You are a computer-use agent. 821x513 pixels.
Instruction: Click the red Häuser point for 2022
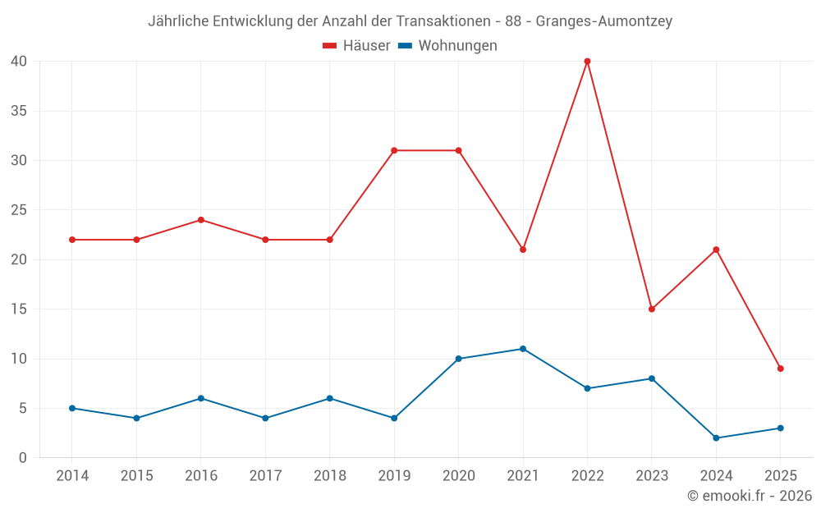tap(587, 61)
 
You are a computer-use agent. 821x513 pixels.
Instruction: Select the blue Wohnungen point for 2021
tap(523, 349)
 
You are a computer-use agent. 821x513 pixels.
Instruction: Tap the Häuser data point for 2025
tap(780, 369)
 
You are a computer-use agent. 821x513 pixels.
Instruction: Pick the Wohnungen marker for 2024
tap(716, 438)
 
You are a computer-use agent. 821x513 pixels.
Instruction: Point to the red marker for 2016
tap(200, 220)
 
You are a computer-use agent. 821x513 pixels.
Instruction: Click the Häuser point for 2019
tap(394, 150)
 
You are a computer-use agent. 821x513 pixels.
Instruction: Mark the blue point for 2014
tap(72, 408)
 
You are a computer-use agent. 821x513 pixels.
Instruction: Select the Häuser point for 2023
tap(652, 309)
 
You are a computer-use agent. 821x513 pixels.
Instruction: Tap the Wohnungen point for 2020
tap(458, 359)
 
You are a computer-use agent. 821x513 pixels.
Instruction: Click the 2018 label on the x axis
tap(329, 476)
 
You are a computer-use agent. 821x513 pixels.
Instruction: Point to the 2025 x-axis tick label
tap(780, 476)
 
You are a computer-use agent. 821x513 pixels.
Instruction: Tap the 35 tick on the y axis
tap(19, 111)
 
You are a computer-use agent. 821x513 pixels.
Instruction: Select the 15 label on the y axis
tap(19, 309)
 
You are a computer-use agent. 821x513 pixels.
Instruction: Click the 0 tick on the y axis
tap(23, 458)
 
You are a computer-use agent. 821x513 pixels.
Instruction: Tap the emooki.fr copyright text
tap(750, 496)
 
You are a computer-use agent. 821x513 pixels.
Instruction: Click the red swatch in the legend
tap(330, 46)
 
